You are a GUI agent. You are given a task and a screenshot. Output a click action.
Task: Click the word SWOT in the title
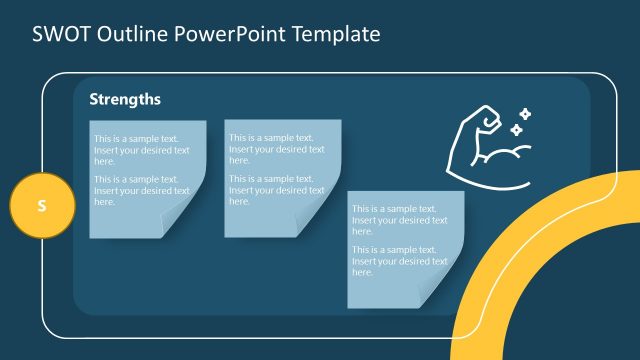[57, 34]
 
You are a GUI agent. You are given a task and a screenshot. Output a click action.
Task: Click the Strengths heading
[125, 100]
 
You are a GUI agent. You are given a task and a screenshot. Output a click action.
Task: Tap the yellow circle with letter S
[42, 206]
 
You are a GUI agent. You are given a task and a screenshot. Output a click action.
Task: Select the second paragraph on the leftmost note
[141, 190]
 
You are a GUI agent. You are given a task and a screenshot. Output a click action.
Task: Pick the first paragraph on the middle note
[276, 149]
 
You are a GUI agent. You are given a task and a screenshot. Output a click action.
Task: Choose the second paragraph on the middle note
[276, 189]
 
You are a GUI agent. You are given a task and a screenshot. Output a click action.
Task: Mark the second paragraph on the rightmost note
[399, 260]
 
